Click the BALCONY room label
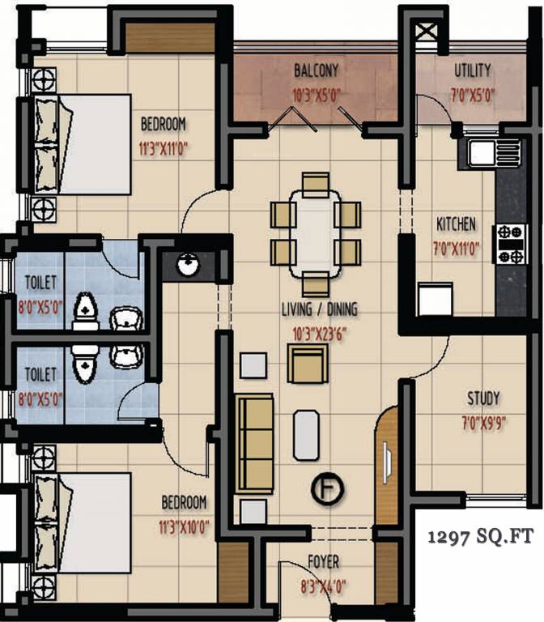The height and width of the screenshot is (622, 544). coord(316,70)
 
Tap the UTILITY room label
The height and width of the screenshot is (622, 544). coord(472,70)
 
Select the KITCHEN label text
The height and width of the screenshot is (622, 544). coord(457,224)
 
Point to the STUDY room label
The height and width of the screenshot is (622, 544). coord(483,398)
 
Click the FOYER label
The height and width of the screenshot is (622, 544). coord(323,561)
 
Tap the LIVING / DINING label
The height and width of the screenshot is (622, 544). coord(320,309)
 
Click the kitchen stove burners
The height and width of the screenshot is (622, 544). coord(510,245)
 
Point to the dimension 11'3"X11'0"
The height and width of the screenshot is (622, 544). coord(164,148)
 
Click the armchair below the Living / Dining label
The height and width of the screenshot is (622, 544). coord(308,363)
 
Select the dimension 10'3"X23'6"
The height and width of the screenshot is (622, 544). coord(320,332)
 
